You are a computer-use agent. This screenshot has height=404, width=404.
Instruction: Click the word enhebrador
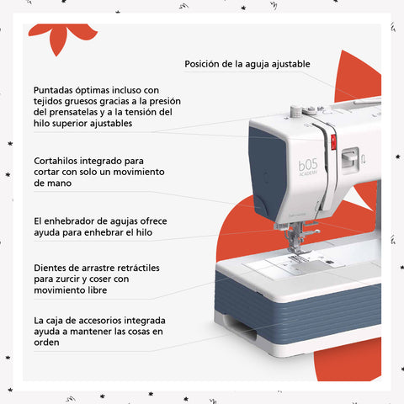click(69, 221)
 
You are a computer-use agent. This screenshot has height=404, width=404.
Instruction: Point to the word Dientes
click(49, 268)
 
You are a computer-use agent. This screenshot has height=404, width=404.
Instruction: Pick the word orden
click(46, 343)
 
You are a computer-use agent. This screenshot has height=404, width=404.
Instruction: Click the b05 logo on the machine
click(308, 165)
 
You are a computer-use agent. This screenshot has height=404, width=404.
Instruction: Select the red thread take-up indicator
click(333, 142)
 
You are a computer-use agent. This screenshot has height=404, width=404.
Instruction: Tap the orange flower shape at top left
click(62, 37)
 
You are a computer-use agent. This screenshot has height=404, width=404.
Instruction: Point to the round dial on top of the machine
click(295, 112)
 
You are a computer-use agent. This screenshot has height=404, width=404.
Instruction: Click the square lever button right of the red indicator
click(350, 159)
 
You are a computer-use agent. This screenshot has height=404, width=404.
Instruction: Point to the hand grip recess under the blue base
click(240, 327)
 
